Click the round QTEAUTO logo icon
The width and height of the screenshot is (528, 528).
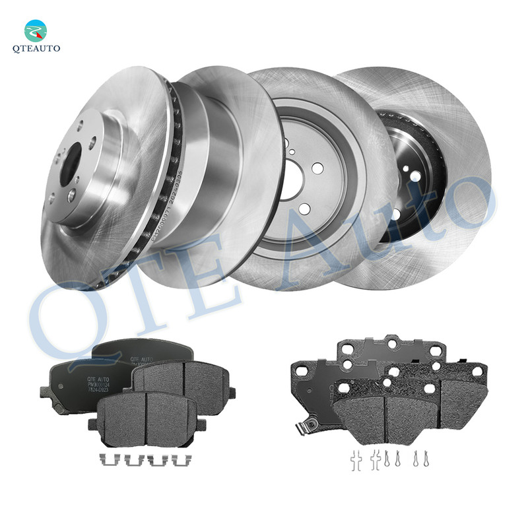(x=36, y=30)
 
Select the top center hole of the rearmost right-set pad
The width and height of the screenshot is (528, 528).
(x=390, y=343)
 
